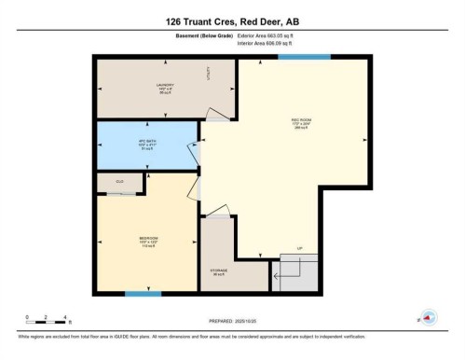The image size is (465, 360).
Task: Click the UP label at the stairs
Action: tap(300, 248)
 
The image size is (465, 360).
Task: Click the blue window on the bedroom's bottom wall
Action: tap(138, 295)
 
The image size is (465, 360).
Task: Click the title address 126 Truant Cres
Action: tap(232, 21)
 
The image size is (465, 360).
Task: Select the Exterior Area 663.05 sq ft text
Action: tap(269, 35)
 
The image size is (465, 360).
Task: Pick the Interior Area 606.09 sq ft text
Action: tap(269, 43)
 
